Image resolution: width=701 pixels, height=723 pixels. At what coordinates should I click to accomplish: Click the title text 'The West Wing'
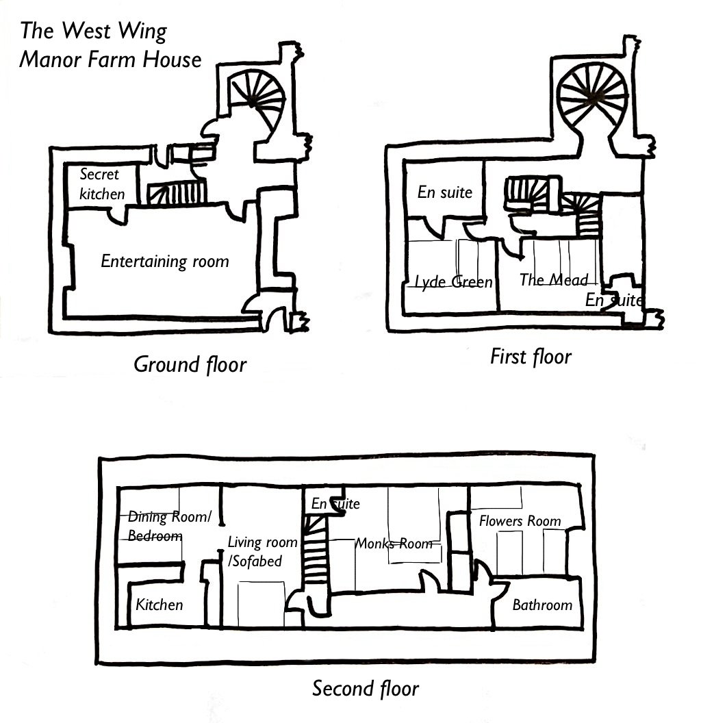(x=93, y=31)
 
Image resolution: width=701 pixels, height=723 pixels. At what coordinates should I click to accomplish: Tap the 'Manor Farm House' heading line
(x=110, y=60)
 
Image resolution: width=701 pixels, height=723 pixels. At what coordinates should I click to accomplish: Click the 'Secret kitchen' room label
(x=102, y=184)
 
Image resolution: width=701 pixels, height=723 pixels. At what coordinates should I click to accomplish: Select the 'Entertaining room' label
(x=165, y=261)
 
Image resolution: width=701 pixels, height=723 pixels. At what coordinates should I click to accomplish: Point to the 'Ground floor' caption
(x=190, y=364)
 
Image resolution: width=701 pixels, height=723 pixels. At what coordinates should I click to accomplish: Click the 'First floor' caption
(x=531, y=356)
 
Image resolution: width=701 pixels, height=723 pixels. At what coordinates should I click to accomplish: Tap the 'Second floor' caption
(x=365, y=687)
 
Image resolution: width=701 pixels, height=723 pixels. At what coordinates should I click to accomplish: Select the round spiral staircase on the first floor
(x=593, y=96)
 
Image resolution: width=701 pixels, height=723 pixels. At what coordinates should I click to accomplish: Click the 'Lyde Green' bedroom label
(x=454, y=282)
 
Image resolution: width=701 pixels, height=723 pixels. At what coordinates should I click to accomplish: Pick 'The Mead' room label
(x=554, y=279)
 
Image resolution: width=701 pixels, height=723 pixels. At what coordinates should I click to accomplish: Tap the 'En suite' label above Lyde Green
(x=445, y=192)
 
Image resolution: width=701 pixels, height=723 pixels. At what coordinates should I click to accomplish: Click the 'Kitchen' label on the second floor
(x=160, y=605)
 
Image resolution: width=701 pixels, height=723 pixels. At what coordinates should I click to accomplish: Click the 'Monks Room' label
(x=394, y=544)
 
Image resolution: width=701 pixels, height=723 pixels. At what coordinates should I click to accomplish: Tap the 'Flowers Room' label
(x=520, y=521)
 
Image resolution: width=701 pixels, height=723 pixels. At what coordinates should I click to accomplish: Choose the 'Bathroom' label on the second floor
(x=542, y=605)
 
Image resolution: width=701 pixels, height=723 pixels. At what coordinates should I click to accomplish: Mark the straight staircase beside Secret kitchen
(x=177, y=193)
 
